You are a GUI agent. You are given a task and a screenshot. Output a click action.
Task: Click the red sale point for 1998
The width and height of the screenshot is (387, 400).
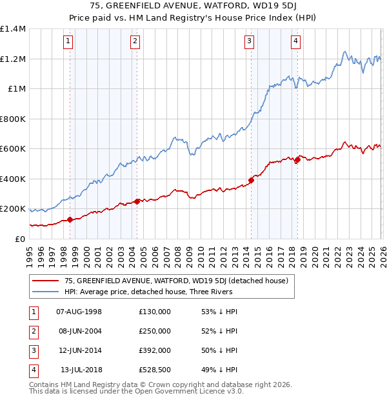click(x=70, y=220)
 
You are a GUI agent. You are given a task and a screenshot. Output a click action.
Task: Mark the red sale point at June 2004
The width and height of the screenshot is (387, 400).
click(x=136, y=201)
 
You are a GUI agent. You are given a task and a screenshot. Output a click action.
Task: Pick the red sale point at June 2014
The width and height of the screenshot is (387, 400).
click(x=251, y=181)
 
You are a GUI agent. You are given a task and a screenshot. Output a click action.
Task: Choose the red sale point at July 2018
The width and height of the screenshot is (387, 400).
click(x=297, y=160)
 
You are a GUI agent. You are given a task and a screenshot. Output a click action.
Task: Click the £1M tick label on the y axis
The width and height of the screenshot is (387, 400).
click(x=14, y=89)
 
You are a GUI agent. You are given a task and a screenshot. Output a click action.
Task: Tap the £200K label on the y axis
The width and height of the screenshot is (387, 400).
click(x=12, y=209)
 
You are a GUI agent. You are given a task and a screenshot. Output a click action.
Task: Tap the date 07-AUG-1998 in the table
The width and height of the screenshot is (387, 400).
click(x=79, y=311)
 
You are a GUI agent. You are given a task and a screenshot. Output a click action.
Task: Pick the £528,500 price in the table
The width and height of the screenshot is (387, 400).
click(x=155, y=370)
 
